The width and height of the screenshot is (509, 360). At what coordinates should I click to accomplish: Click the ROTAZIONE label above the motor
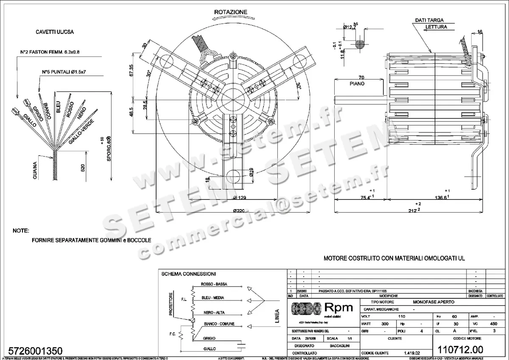pos(230,12)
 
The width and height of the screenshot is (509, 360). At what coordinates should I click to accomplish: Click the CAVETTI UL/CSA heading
pos(53,32)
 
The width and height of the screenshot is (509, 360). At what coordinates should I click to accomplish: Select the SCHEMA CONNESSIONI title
pos(189,274)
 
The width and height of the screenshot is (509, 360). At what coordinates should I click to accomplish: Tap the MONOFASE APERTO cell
pos(433,301)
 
